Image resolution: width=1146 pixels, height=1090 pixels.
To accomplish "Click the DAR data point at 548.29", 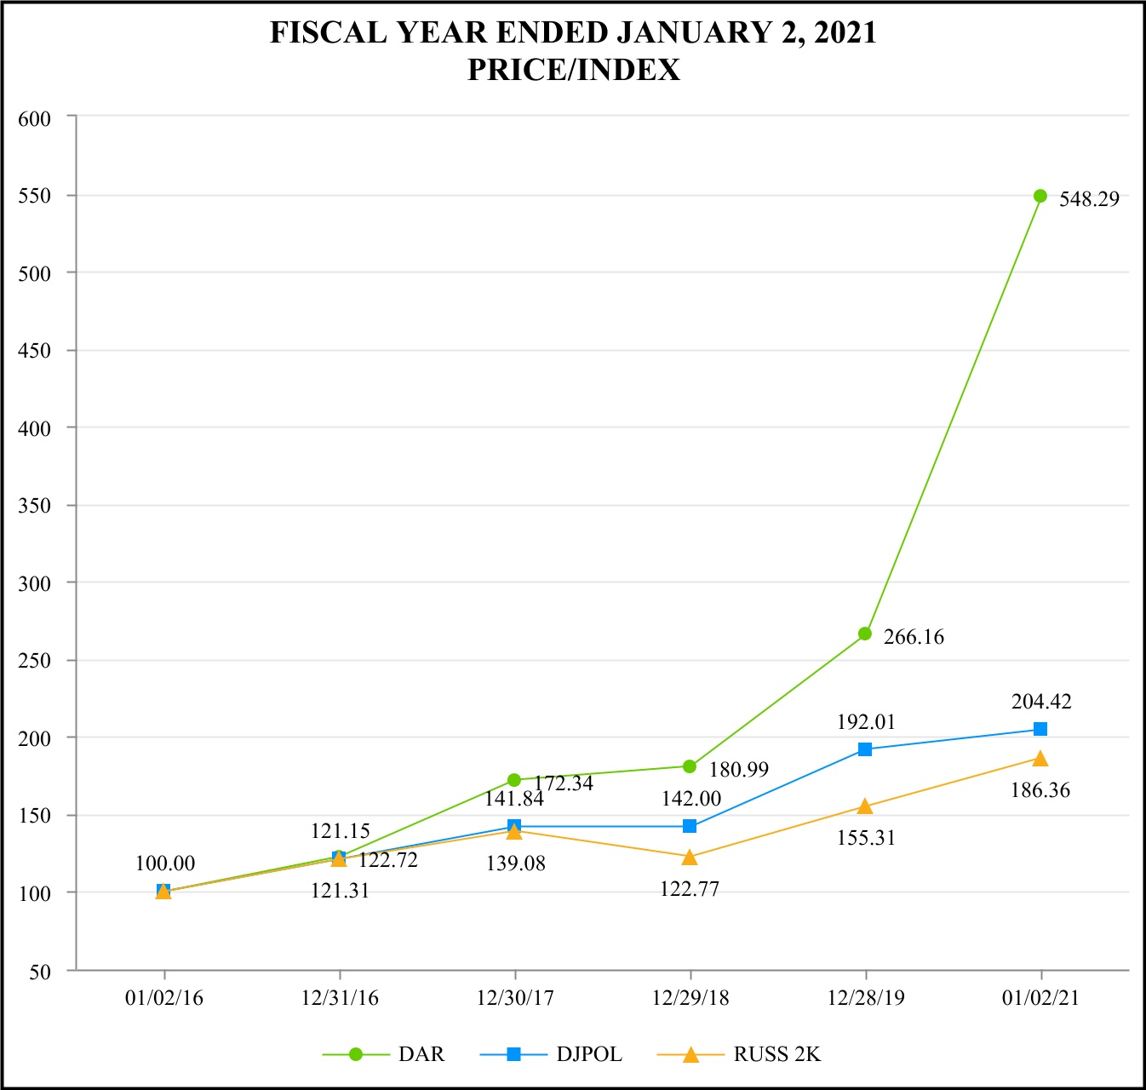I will click(1040, 196).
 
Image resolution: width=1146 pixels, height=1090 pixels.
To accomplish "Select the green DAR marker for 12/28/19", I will click(865, 634).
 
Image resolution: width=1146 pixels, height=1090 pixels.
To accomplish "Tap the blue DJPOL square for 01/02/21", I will click(1040, 729).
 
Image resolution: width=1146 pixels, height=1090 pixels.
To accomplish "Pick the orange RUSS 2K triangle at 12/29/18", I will click(690, 857).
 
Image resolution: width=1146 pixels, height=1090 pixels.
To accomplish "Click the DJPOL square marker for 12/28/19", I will click(865, 749).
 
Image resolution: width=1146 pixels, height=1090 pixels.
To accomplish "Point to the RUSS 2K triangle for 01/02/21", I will click(1040, 758).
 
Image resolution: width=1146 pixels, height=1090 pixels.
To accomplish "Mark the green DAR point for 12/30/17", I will click(514, 780).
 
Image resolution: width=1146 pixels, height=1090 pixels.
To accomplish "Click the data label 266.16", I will click(914, 637).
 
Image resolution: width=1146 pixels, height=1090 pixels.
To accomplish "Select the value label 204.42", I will click(1041, 702).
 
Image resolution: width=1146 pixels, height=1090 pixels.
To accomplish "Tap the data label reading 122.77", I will click(690, 889).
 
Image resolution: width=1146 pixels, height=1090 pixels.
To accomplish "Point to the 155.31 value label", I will click(866, 838).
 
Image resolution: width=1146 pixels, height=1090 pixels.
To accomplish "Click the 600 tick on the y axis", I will click(35, 119).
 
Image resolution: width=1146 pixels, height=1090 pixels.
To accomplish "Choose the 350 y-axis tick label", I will click(35, 506).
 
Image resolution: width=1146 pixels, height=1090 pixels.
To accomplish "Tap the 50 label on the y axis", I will click(40, 971).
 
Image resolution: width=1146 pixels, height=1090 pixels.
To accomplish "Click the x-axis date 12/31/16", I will click(340, 998).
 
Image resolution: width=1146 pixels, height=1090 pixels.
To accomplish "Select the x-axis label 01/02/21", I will click(1040, 998).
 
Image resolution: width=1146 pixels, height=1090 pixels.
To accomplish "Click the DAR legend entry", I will click(421, 1054).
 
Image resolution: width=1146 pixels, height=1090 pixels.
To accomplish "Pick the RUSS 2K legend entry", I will click(776, 1054).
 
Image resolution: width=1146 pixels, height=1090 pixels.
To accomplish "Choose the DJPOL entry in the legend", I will click(589, 1054).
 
